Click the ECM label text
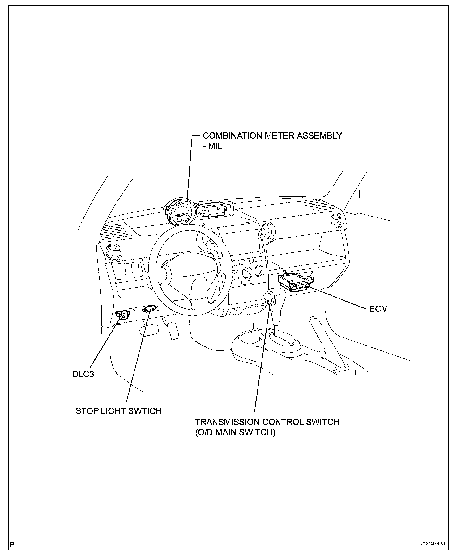point(378,309)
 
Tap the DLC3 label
point(83,374)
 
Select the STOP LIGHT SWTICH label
point(118,411)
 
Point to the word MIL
point(215,146)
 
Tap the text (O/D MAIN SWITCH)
point(235,432)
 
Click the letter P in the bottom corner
point(12,543)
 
